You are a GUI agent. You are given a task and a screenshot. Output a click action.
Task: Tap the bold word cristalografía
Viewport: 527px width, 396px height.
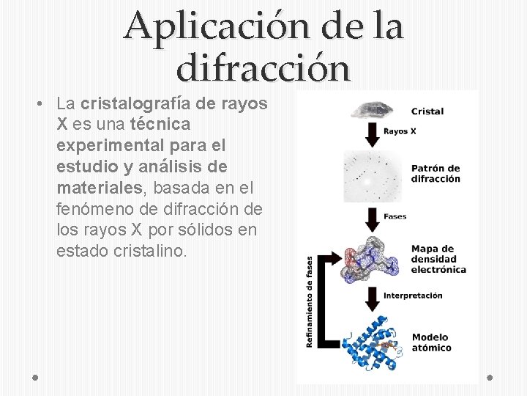(137, 103)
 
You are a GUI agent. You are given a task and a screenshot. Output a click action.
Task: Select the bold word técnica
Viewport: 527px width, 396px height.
(160, 124)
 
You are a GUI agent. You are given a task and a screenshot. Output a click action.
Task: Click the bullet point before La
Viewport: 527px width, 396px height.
(36, 104)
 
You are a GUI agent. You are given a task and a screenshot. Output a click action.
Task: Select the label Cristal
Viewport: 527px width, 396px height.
(427, 111)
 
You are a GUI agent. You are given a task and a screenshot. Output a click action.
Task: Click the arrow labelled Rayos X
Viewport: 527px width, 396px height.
(370, 132)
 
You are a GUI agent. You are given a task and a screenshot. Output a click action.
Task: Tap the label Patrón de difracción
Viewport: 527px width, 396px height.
(436, 174)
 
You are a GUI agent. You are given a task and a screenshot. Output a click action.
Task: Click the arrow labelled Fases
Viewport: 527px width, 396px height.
(370, 216)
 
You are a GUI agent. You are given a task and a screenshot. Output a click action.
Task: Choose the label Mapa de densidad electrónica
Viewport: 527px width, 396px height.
(438, 259)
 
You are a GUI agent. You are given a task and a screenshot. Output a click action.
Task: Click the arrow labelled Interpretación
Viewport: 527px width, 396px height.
(370, 296)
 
